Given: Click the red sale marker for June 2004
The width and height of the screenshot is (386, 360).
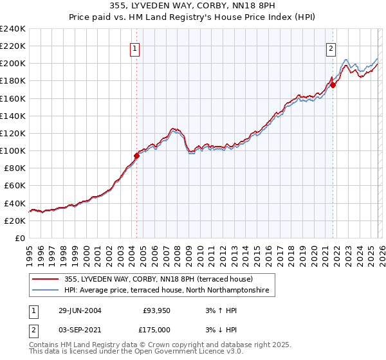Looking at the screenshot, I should [136, 156].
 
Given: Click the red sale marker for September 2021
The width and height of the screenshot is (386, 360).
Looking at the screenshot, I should [333, 85].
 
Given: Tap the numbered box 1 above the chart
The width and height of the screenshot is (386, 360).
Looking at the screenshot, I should [135, 48].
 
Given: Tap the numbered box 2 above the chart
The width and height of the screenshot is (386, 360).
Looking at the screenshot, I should [331, 48].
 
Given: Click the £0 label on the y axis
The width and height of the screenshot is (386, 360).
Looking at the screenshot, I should [19, 238].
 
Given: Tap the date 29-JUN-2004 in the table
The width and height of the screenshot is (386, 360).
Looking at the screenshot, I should [80, 310].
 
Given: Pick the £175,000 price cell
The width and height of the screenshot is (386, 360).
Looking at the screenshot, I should [158, 329].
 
